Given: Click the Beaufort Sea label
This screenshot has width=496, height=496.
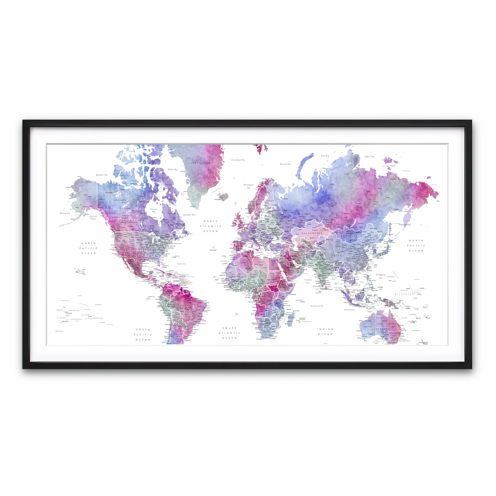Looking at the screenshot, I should (101, 175).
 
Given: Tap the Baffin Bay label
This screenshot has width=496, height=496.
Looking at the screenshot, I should (172, 169).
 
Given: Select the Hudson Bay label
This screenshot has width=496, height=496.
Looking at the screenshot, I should (154, 210).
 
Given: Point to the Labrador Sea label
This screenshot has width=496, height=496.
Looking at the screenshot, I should (189, 215).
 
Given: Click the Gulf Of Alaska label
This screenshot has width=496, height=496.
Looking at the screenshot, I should (93, 217).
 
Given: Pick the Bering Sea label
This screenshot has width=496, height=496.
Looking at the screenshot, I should (65, 213).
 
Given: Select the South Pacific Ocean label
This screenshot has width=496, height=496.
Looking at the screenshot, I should (143, 335).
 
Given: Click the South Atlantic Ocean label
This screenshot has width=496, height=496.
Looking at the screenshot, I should (229, 333).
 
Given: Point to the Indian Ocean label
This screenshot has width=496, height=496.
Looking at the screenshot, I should (325, 332).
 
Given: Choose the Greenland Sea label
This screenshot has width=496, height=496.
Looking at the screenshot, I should (238, 160).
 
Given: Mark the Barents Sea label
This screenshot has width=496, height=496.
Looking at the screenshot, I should (285, 164).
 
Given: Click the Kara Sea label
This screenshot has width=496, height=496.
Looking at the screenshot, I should (325, 156).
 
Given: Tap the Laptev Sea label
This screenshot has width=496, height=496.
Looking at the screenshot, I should (369, 157).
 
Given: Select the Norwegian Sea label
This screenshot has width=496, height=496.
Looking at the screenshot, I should (248, 186).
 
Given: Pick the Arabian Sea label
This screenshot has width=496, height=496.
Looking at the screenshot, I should (308, 281).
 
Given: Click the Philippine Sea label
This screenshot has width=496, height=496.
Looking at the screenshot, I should (380, 276).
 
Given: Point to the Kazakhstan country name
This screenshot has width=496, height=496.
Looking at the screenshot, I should (311, 233).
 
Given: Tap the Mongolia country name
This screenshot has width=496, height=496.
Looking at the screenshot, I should (349, 236).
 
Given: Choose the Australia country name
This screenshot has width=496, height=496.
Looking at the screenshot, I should (380, 329).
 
